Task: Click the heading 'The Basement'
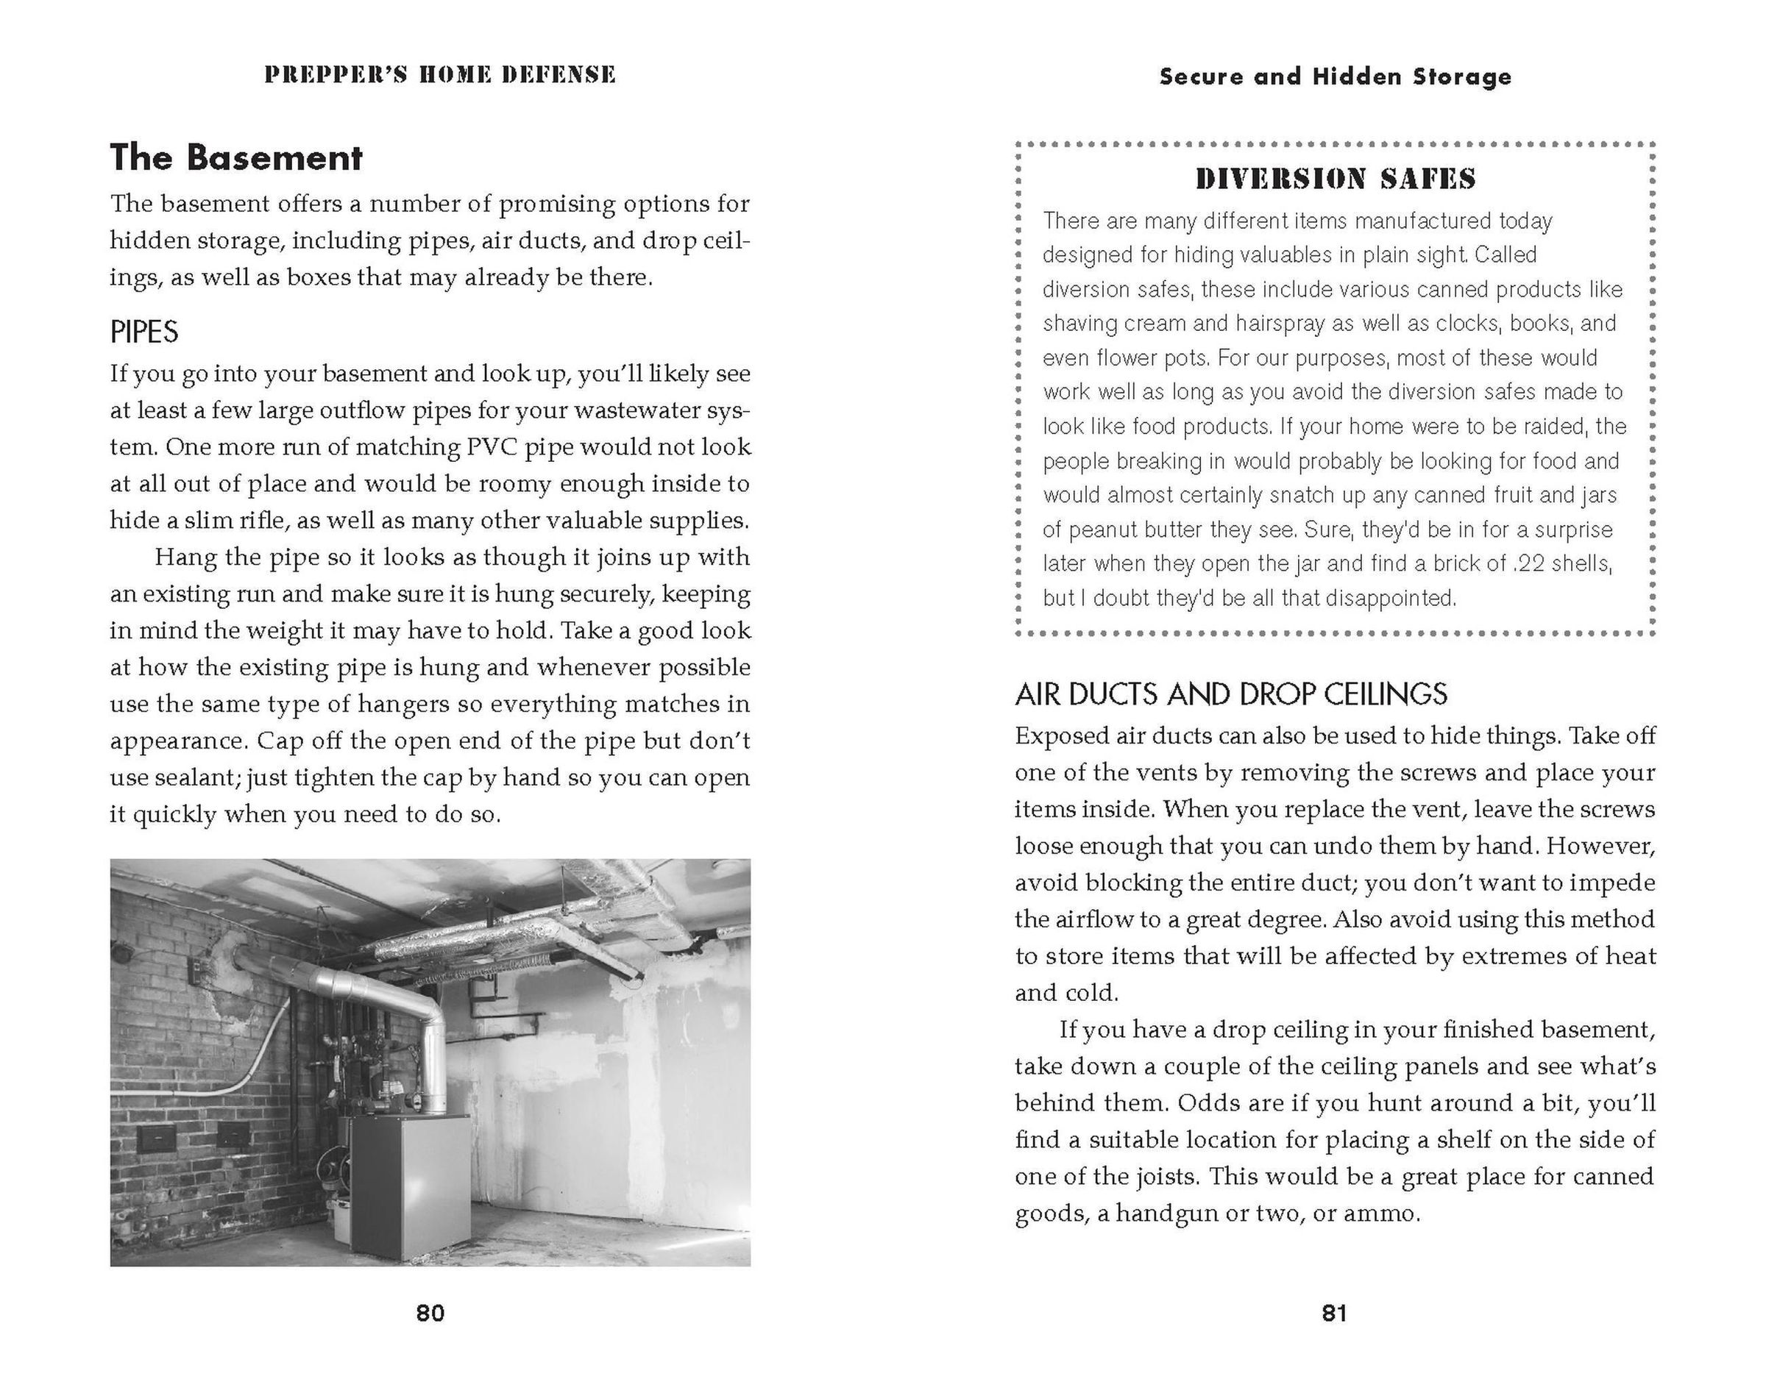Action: click(x=236, y=157)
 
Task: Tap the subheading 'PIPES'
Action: click(x=144, y=332)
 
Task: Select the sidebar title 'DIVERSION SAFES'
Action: click(x=1336, y=179)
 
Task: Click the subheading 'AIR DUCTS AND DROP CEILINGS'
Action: click(x=1230, y=694)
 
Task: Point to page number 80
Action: click(x=430, y=1313)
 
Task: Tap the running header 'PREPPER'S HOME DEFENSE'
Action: click(x=440, y=75)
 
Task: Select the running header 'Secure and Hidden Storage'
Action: click(x=1336, y=76)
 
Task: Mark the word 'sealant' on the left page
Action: click(x=199, y=778)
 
